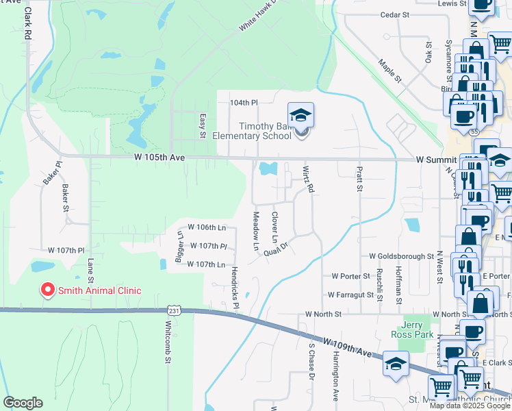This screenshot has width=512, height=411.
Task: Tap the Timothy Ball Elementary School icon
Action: click(300, 116)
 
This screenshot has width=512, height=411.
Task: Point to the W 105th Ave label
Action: click(160, 158)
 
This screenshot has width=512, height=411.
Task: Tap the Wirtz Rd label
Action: click(308, 177)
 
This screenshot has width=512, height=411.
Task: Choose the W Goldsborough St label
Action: click(402, 256)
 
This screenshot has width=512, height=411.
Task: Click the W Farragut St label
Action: click(354, 295)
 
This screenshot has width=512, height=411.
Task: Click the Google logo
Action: click(23, 403)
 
